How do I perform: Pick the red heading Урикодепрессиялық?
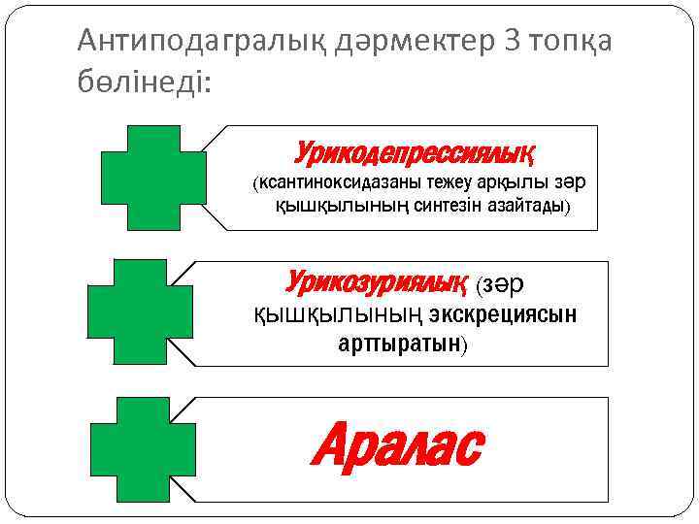coord(416,153)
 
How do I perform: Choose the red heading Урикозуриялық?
coord(372,283)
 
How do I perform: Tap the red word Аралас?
coord(397,447)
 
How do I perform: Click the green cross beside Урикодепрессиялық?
coord(153,178)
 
